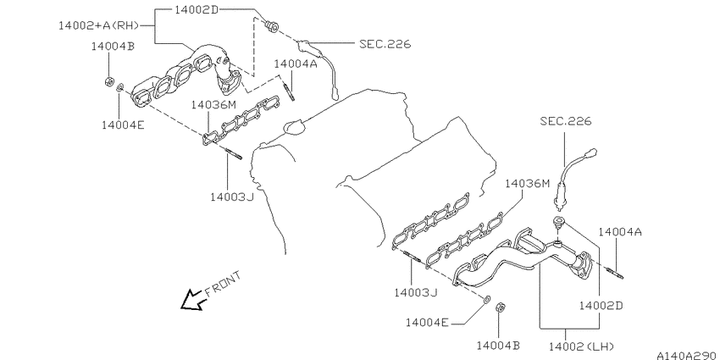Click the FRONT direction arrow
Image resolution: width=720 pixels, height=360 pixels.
(x=192, y=301)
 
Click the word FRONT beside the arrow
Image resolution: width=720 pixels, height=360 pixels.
(x=222, y=284)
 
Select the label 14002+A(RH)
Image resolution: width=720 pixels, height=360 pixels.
(x=99, y=25)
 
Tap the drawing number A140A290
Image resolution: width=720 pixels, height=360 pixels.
(x=688, y=356)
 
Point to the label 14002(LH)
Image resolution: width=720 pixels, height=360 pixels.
(x=581, y=346)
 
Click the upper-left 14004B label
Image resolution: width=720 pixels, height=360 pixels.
(x=113, y=46)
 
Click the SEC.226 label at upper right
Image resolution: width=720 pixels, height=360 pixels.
(x=385, y=44)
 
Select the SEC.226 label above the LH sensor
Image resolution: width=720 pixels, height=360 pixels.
(x=566, y=121)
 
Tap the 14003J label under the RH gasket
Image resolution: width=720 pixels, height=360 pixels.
(x=232, y=197)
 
